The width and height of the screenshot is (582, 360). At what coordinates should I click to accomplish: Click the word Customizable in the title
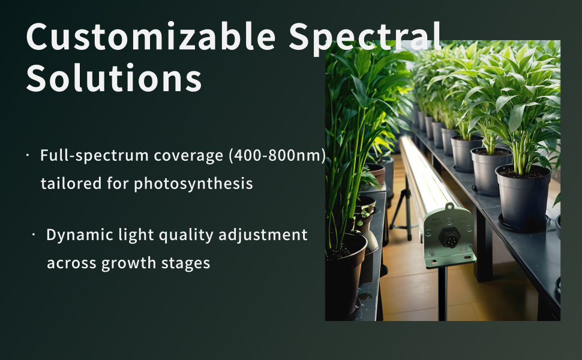pyautogui.click(x=151, y=37)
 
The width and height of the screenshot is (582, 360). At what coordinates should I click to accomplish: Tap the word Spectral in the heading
pyautogui.click(x=365, y=38)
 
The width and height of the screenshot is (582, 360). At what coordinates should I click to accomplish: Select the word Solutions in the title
pyautogui.click(x=114, y=77)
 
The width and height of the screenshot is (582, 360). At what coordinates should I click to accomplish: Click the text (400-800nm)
pyautogui.click(x=277, y=155)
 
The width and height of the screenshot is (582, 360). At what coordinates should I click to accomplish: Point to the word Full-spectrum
pyautogui.click(x=94, y=155)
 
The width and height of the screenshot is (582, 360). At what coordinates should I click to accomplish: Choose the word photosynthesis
pyautogui.click(x=193, y=184)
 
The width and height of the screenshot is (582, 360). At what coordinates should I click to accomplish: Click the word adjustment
pyautogui.click(x=263, y=235)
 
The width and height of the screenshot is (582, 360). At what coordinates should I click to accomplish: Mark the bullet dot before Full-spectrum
pyautogui.click(x=28, y=155)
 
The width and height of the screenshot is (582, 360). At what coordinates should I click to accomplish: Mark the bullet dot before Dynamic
pyautogui.click(x=34, y=235)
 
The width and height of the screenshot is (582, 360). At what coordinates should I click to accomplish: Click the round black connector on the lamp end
pyautogui.click(x=449, y=237)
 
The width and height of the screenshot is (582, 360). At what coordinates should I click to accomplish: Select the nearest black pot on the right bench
pyautogui.click(x=523, y=198)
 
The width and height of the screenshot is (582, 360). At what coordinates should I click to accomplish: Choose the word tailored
pyautogui.click(x=71, y=184)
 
